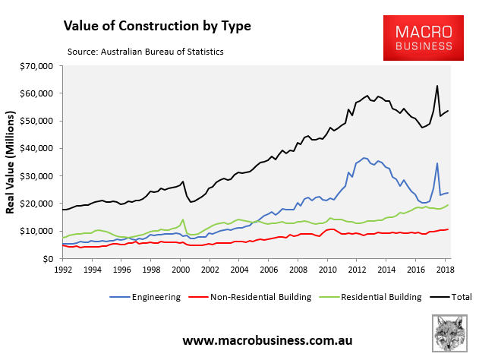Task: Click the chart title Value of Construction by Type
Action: [x=157, y=26]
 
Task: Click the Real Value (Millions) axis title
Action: [x=13, y=163]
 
